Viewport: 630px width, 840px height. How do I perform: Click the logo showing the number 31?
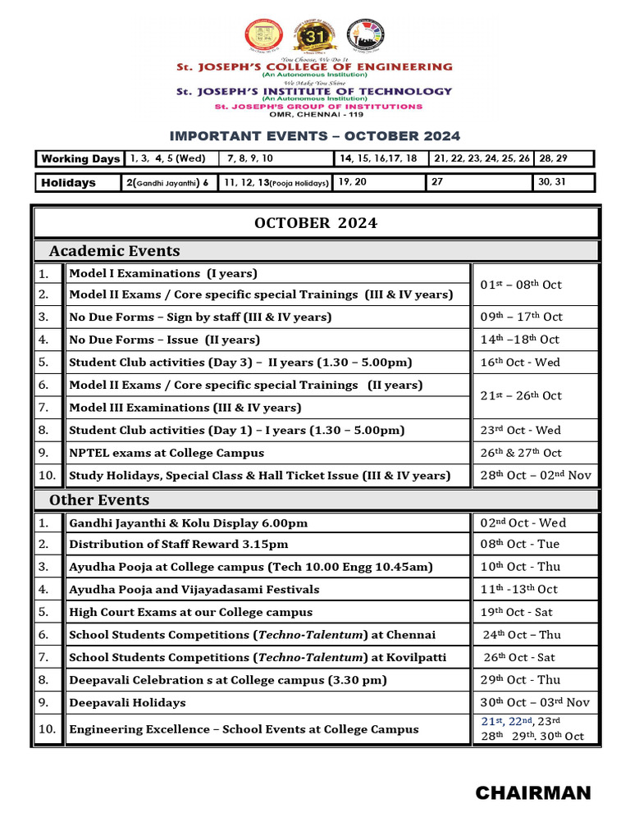tap(314, 35)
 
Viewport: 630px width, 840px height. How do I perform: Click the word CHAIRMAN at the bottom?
tap(532, 792)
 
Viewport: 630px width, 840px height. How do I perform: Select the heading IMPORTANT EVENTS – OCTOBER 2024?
tap(314, 136)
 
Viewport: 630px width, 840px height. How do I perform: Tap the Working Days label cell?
tap(80, 158)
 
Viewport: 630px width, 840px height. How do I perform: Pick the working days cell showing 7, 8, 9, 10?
tap(250, 158)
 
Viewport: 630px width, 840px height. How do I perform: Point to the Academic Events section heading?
tap(114, 251)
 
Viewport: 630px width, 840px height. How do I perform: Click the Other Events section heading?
tap(99, 500)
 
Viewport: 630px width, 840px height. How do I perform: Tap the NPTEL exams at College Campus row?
tap(167, 453)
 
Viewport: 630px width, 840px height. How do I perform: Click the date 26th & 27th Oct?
tap(521, 453)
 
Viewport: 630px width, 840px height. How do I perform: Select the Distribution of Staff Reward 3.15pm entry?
tap(178, 545)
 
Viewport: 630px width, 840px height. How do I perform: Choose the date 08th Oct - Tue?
tap(519, 545)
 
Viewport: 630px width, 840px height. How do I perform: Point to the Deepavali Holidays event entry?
tap(127, 702)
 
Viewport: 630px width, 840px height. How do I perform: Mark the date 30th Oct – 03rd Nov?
tap(535, 702)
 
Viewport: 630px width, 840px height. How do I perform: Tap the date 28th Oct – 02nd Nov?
tap(535, 476)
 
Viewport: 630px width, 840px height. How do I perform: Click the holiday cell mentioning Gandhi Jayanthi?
tap(168, 182)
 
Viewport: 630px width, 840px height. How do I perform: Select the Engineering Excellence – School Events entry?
tap(244, 729)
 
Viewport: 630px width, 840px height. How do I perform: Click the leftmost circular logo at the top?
tap(264, 35)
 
